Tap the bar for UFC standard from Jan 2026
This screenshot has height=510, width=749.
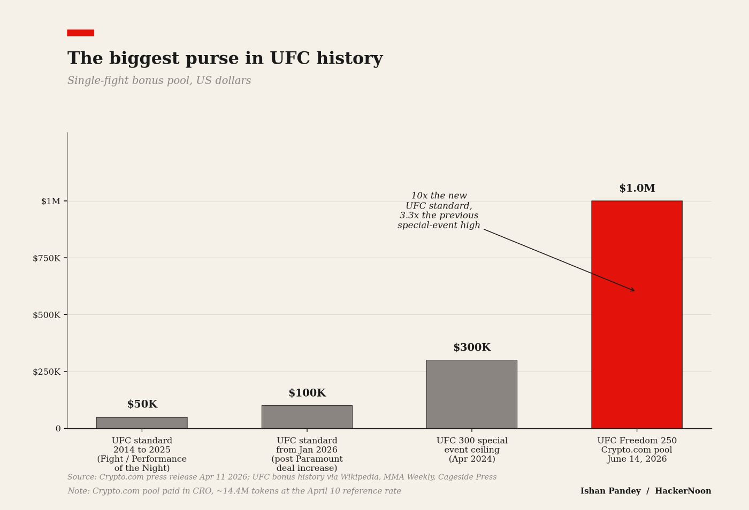(307, 417)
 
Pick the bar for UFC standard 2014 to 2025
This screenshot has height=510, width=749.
(142, 423)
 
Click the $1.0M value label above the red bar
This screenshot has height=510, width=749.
(637, 188)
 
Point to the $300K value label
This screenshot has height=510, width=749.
(471, 347)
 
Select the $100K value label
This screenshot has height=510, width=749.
(307, 393)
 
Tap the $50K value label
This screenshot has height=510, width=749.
(142, 404)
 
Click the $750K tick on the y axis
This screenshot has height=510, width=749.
(47, 258)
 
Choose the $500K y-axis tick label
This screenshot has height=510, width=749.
(47, 315)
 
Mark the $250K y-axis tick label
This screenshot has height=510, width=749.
(47, 372)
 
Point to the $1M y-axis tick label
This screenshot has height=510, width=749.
(51, 201)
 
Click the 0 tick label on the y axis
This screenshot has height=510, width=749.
(58, 429)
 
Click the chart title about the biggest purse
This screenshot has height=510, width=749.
(225, 58)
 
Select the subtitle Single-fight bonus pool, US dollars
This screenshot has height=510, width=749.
(159, 81)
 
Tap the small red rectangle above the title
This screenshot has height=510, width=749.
(80, 33)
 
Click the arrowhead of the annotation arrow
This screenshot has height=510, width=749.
(633, 290)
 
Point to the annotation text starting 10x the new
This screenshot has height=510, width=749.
(439, 211)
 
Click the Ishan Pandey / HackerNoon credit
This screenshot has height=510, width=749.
(645, 491)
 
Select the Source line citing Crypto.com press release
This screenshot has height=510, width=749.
(281, 477)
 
